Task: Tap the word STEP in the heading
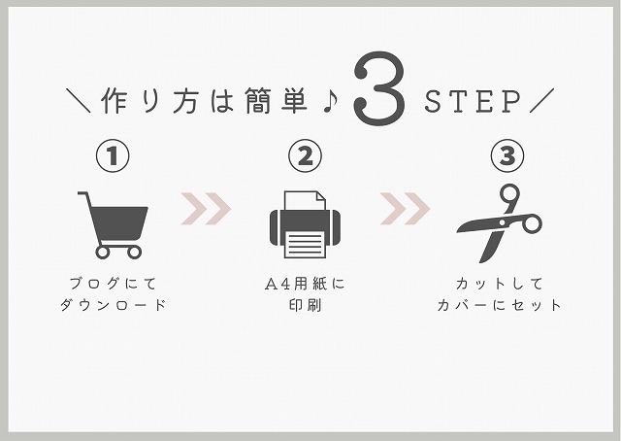click(473, 102)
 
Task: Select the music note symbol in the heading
click(330, 101)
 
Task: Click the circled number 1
click(113, 155)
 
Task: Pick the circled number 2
click(305, 155)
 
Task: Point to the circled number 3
click(507, 155)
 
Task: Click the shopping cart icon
click(113, 225)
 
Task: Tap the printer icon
click(305, 224)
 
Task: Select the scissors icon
click(500, 223)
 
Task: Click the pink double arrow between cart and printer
click(206, 209)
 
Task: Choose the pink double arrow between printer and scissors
click(405, 209)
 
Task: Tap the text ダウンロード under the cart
click(114, 305)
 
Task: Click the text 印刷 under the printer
click(305, 305)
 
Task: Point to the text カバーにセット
click(500, 305)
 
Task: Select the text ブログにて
click(114, 284)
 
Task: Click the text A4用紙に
click(305, 284)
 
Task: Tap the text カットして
click(500, 284)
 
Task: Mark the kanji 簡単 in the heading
click(276, 101)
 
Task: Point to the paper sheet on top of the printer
click(305, 201)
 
